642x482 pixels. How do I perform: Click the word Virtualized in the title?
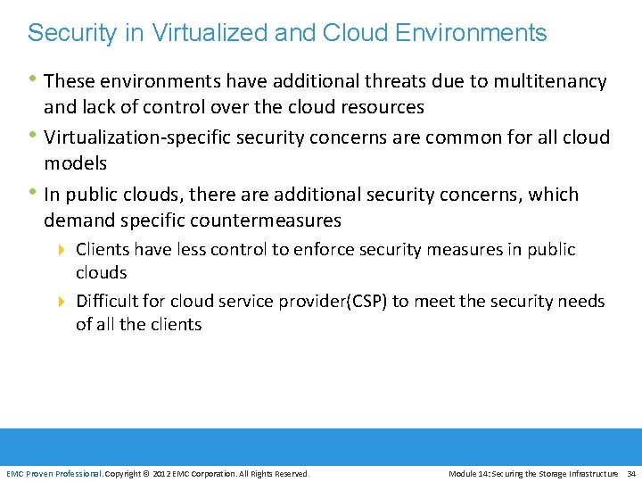[x=202, y=34]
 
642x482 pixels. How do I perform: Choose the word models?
[x=76, y=163]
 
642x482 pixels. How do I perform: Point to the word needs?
[x=581, y=302]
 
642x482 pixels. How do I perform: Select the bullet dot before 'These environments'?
[x=34, y=80]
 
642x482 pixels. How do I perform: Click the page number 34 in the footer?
[x=631, y=473]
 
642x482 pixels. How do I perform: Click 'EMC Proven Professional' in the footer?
[x=53, y=473]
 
